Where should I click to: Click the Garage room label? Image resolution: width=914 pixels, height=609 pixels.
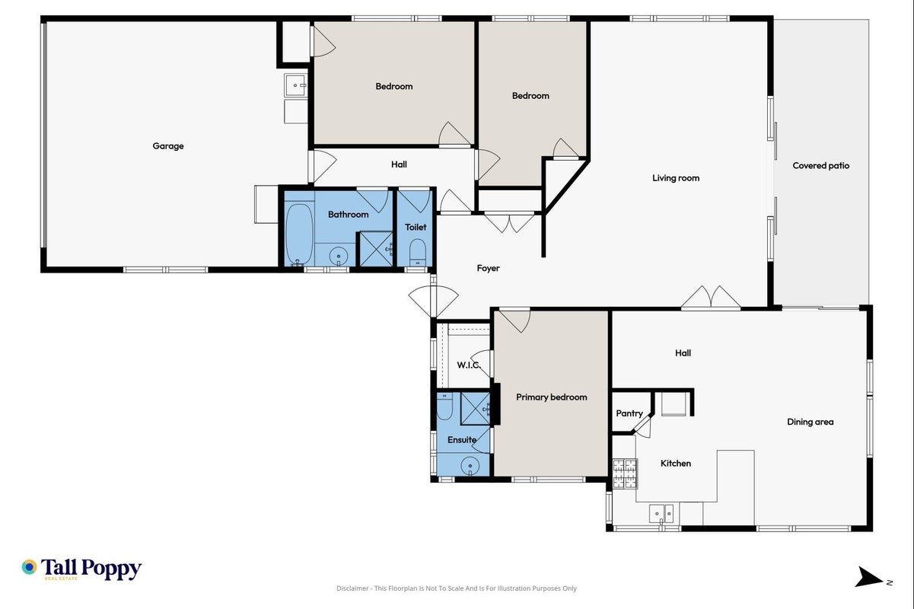[167, 146]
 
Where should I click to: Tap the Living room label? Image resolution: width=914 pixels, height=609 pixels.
[676, 178]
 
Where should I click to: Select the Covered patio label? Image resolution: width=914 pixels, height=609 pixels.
[821, 166]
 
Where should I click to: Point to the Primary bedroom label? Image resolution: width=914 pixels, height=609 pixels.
[551, 397]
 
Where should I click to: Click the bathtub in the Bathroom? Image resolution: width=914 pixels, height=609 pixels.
[298, 235]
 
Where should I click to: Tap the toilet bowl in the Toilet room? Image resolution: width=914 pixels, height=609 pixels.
[417, 252]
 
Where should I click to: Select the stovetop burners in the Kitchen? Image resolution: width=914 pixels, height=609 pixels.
[625, 473]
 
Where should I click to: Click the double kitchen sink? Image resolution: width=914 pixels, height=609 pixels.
[661, 513]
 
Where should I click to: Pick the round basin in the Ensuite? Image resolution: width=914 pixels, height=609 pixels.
[470, 465]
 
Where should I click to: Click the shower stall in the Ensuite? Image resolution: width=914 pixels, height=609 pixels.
[475, 409]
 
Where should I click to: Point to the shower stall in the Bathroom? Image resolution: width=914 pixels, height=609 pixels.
[375, 249]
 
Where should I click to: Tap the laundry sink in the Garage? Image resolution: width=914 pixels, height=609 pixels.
[295, 85]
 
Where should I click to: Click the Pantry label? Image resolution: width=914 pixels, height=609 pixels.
[629, 413]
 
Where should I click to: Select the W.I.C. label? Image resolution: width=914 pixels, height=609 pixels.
[469, 365]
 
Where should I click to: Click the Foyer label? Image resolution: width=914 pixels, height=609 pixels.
[488, 268]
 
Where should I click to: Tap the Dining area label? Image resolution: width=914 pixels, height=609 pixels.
[810, 422]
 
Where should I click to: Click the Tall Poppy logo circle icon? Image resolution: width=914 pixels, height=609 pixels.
[30, 567]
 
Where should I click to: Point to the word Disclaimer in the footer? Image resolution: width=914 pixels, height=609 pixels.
[352, 588]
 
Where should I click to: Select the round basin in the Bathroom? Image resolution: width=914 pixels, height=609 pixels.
[338, 257]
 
